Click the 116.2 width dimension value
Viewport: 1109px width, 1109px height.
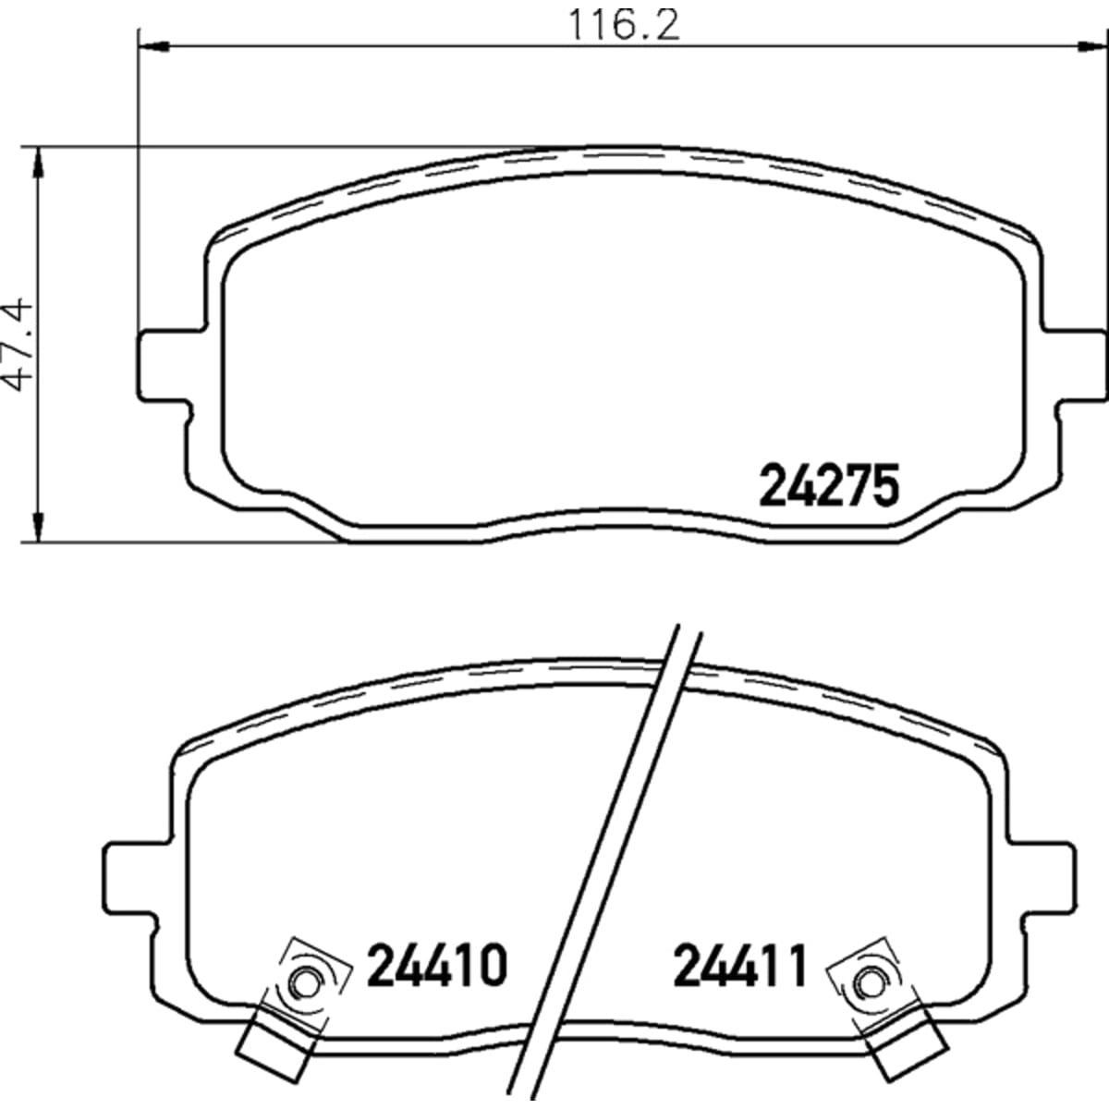pos(623,25)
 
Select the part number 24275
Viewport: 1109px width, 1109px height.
pos(829,486)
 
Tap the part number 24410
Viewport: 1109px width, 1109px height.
pos(437,965)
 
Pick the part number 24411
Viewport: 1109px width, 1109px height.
pos(741,965)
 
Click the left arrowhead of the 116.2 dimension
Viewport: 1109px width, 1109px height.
pos(153,45)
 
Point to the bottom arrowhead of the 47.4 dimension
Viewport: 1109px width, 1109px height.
pos(38,526)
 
